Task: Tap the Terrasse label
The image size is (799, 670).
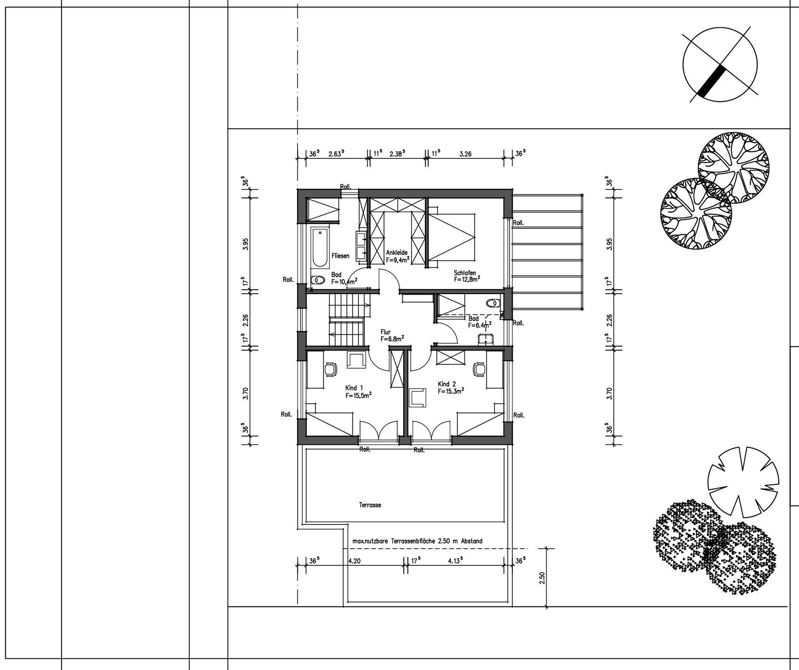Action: coord(370,505)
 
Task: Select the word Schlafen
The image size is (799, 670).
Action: coord(465,273)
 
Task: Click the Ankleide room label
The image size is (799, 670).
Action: coord(397,252)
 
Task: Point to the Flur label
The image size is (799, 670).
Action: coord(385,332)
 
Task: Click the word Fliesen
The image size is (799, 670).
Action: coord(340,256)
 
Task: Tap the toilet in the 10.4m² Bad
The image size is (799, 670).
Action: coord(319,280)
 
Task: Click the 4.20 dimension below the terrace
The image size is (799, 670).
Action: coord(354,561)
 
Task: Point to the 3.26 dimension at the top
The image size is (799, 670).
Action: coord(465,154)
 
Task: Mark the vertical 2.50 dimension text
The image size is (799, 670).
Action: coord(542,578)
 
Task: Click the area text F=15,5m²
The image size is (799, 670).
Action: coord(359,395)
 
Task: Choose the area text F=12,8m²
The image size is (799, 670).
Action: coord(467,279)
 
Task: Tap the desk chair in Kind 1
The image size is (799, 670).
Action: coord(331,369)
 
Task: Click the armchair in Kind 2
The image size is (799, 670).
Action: coord(418,397)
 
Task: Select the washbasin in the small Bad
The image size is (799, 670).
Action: coord(485,340)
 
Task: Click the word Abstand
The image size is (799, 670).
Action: coord(472,541)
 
